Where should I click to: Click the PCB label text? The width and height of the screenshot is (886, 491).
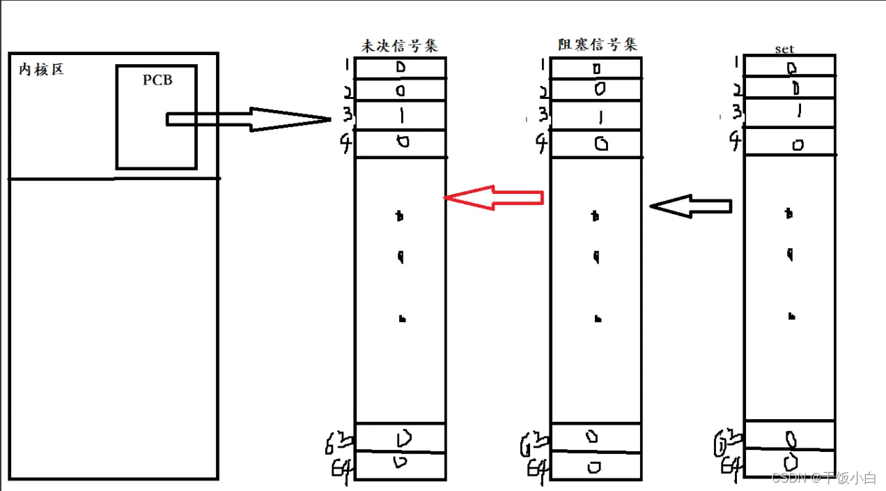(157, 80)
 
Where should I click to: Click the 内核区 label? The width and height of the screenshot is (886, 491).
(41, 70)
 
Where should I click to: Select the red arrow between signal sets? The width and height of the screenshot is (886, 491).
(493, 197)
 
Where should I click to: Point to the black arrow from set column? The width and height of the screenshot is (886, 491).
(691, 206)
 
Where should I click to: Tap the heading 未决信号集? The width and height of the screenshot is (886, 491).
(400, 45)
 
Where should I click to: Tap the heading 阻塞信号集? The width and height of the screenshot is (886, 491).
(597, 45)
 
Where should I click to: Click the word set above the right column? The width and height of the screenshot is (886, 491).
(784, 50)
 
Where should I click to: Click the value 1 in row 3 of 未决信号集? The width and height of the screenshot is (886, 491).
(402, 116)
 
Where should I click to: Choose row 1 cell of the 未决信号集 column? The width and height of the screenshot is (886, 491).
(401, 68)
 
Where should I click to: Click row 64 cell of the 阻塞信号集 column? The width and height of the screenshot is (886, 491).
(596, 467)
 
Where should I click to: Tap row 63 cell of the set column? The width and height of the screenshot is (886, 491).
(789, 439)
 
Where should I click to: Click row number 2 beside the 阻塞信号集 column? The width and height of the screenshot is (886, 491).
(541, 91)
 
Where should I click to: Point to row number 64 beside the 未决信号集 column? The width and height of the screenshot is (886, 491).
(341, 467)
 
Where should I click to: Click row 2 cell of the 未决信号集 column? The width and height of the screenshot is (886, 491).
(401, 90)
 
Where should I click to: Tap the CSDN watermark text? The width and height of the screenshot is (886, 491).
(823, 478)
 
